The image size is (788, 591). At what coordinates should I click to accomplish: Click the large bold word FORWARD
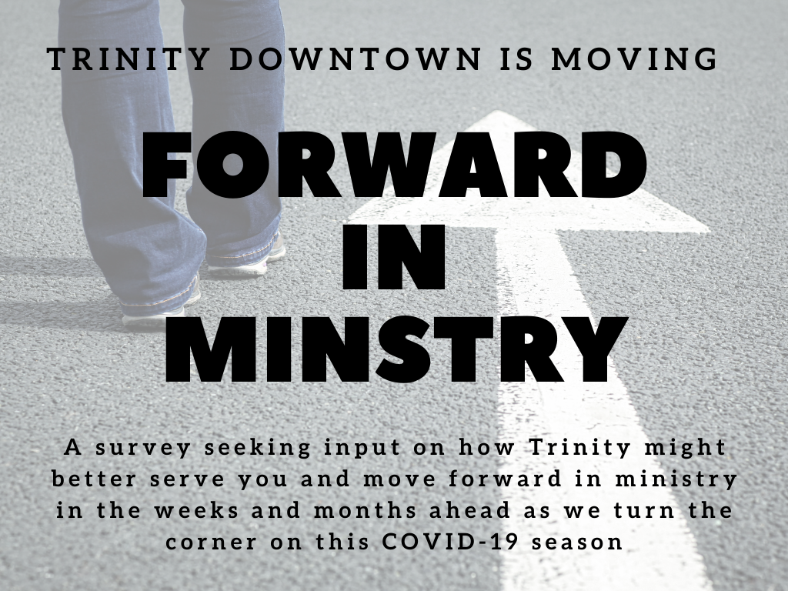point(394,165)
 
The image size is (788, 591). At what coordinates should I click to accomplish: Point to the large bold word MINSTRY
point(394,348)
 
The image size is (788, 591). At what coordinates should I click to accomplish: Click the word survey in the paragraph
point(138,448)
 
